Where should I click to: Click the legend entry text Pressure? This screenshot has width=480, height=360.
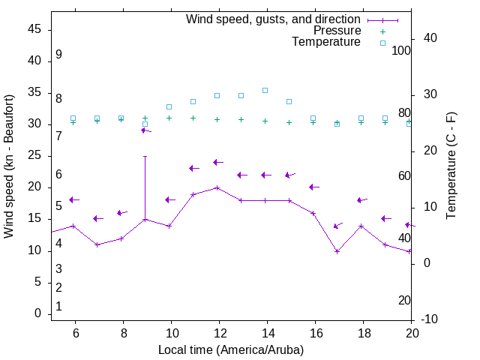tap(337, 31)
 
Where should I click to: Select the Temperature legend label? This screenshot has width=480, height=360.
tap(326, 42)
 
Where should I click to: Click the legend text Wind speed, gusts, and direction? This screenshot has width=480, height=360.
tap(274, 19)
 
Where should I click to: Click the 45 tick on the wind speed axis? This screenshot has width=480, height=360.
tap(34, 29)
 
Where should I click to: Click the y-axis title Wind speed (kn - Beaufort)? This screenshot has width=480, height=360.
tap(9, 166)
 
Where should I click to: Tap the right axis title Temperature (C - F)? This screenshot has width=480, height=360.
tap(451, 166)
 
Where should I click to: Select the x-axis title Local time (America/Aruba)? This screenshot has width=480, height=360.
tap(231, 349)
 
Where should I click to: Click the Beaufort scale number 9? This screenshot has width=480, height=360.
tap(58, 55)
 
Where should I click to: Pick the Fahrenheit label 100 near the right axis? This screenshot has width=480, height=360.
tap(401, 51)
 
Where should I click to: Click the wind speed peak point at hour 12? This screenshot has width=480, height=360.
tap(217, 187)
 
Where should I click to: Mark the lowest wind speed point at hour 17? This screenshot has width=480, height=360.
tap(337, 251)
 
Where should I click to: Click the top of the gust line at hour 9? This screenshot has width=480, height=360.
tap(145, 157)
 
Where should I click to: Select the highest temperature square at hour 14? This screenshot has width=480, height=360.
tap(265, 90)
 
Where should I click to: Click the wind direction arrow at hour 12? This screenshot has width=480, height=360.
tap(218, 162)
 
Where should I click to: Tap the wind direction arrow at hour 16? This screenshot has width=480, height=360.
tap(314, 187)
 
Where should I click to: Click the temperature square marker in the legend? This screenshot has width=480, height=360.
tap(382, 43)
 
